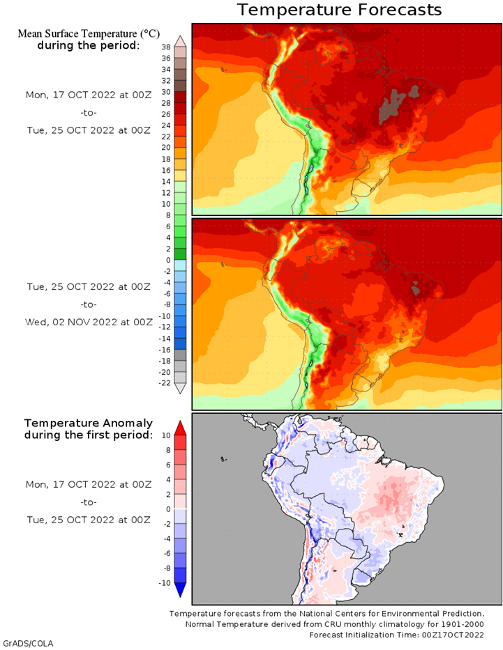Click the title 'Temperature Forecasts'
(339, 10)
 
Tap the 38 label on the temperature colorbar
(166, 47)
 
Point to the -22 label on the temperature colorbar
(165, 382)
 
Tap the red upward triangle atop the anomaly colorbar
(181, 427)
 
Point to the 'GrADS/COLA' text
(28, 643)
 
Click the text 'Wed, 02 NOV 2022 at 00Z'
(89, 322)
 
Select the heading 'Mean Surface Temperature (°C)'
(88, 33)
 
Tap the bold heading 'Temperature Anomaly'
(88, 423)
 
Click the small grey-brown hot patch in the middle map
(416, 285)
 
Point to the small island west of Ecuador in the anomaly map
(223, 459)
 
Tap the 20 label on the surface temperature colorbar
(166, 148)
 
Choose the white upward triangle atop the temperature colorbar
(181, 40)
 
